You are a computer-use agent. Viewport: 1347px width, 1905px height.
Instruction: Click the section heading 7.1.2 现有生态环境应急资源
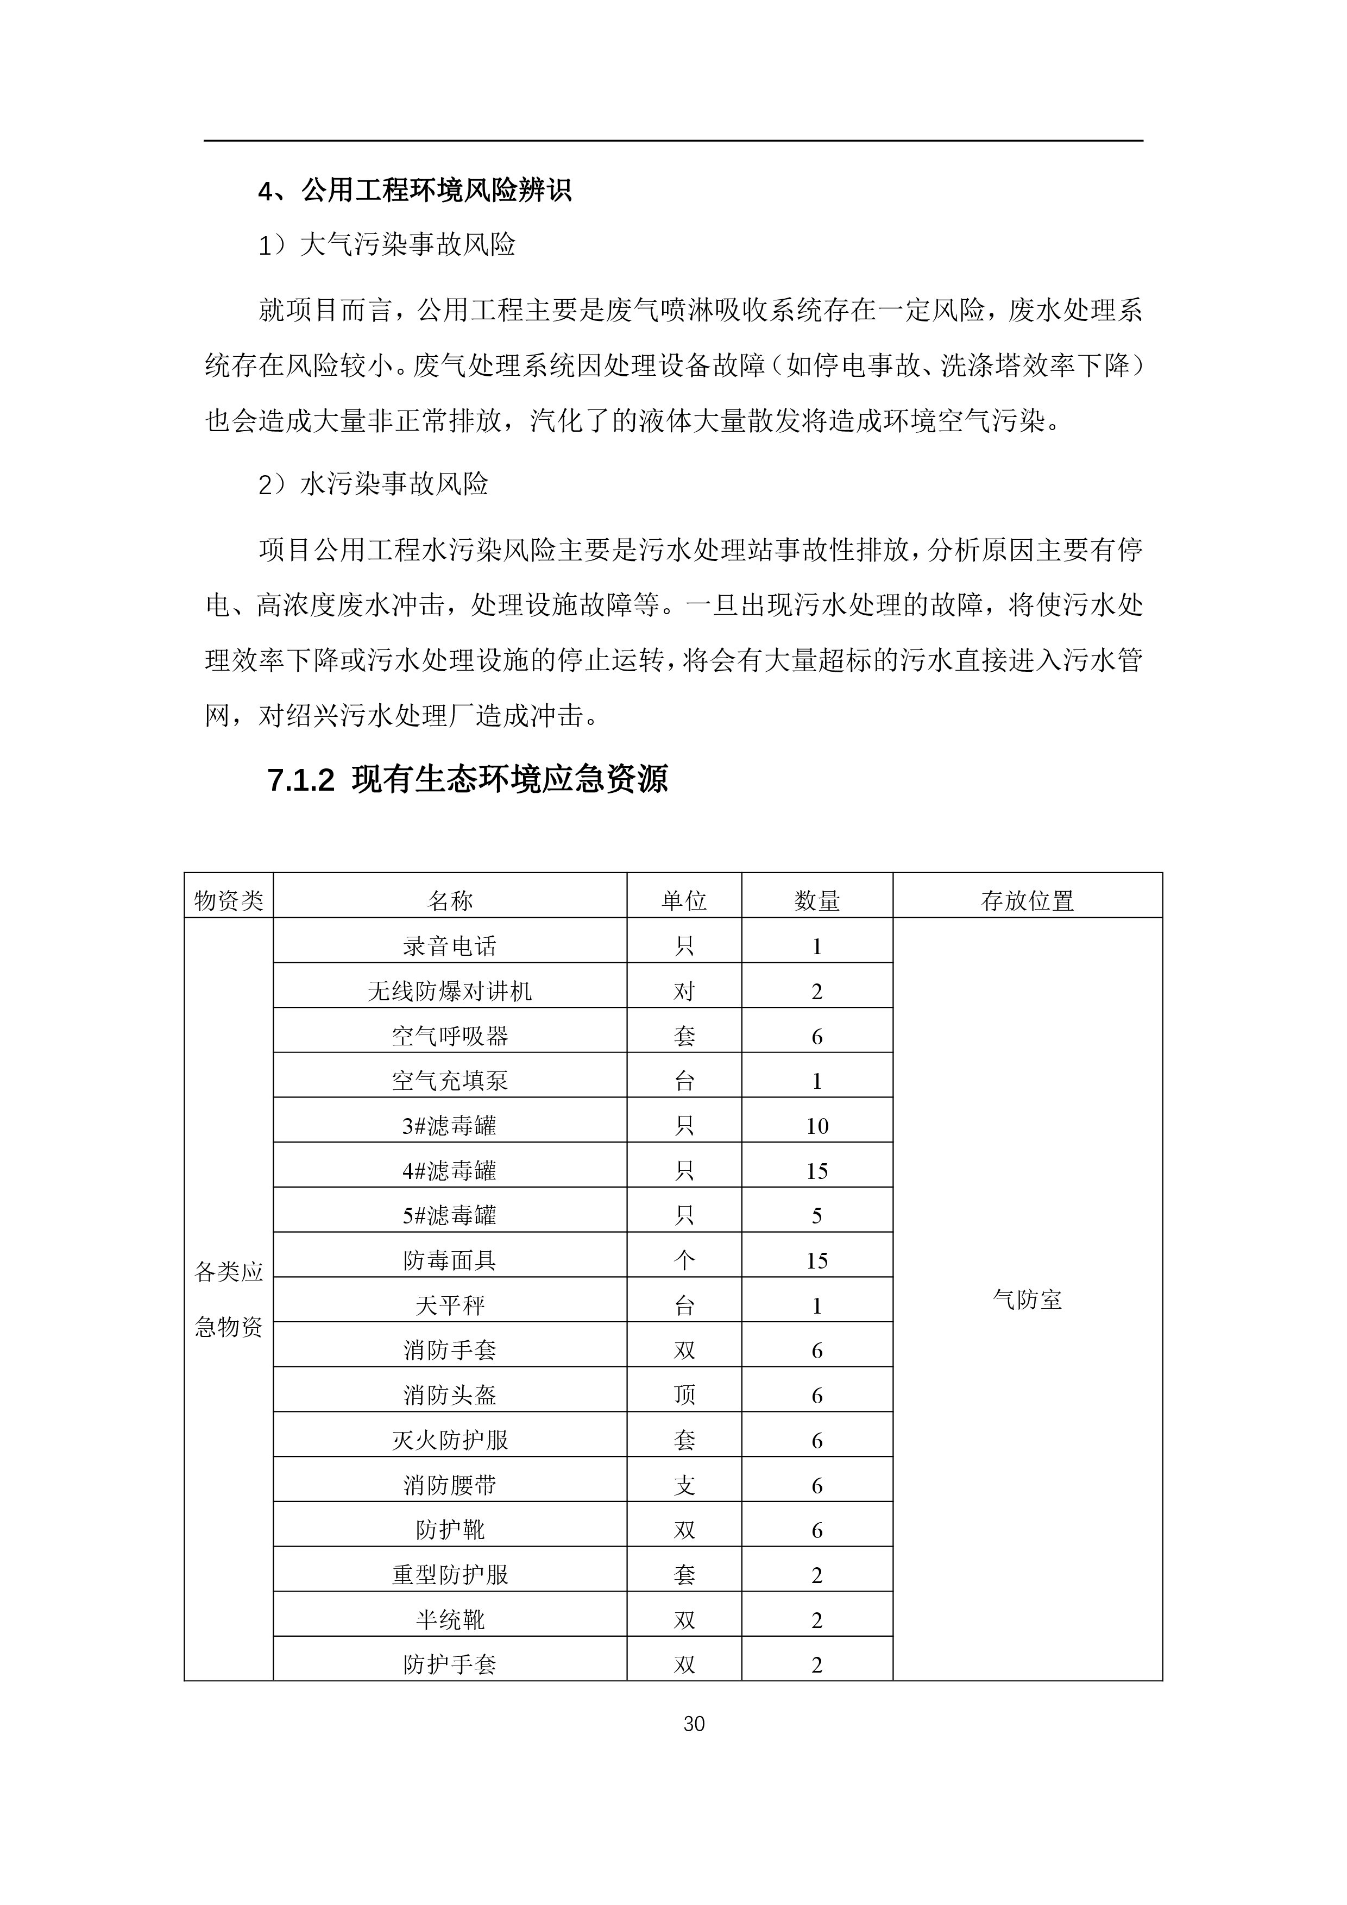[467, 780]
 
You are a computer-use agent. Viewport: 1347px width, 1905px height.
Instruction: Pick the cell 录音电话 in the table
[449, 946]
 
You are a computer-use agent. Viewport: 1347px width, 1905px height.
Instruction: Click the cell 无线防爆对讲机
[449, 991]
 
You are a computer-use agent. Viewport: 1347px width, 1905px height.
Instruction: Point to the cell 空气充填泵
[449, 1080]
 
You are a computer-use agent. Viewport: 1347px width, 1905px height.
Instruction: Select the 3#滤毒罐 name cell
[449, 1125]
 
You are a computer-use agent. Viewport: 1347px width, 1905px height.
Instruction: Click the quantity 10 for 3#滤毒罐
[817, 1126]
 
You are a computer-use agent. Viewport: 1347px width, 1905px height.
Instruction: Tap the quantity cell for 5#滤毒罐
[817, 1215]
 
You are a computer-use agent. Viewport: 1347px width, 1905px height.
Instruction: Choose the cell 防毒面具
[449, 1260]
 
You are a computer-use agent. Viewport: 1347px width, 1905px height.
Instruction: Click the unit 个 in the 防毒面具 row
[684, 1260]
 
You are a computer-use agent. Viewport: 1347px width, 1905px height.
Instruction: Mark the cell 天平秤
[449, 1305]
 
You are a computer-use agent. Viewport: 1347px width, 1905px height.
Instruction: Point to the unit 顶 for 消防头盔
[684, 1395]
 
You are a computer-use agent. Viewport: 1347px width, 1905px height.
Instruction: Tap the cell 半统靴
[449, 1619]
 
